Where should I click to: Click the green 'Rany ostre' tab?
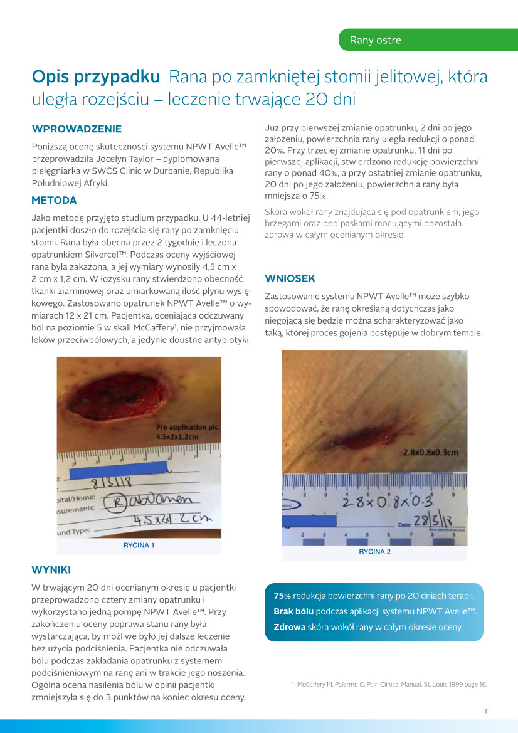(x=375, y=40)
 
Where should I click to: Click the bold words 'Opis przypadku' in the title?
(x=96, y=77)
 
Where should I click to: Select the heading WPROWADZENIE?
(x=77, y=129)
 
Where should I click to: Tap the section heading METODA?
(x=54, y=201)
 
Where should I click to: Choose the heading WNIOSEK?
(x=290, y=278)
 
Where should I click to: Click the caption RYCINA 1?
(x=139, y=546)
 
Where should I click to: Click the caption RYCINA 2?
(x=374, y=552)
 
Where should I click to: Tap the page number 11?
(x=487, y=711)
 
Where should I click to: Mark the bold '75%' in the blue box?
(x=282, y=596)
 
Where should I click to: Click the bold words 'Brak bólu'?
(x=293, y=611)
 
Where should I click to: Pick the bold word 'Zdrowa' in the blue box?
(x=289, y=626)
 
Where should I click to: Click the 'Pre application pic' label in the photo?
(x=186, y=427)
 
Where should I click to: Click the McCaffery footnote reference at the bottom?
(x=389, y=684)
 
